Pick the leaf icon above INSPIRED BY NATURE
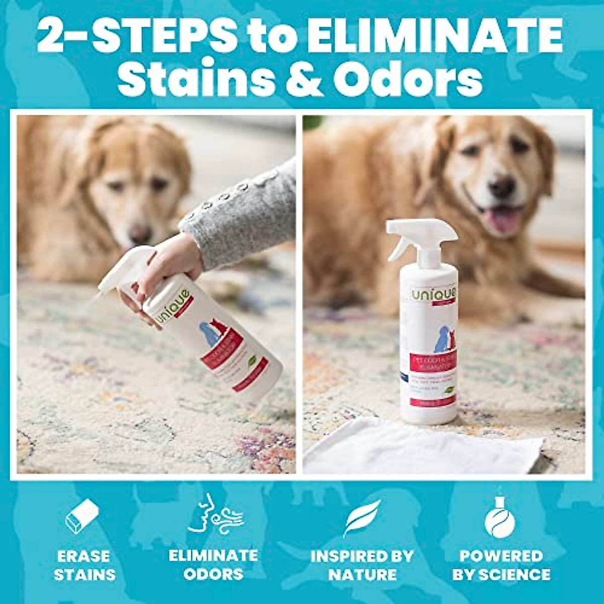pos(361,518)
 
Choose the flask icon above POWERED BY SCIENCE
pos(500,517)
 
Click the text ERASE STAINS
pos(84,565)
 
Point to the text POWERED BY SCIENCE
pos(501,565)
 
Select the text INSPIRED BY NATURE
pos(361,565)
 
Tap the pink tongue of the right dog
pos(503,219)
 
